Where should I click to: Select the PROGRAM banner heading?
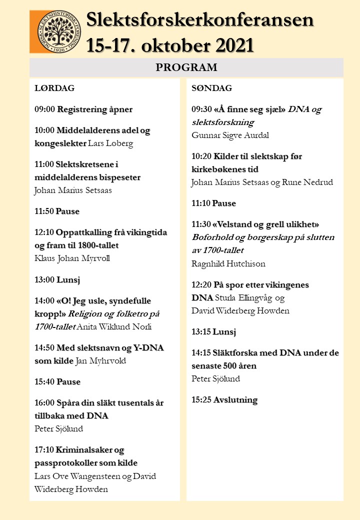(x=186, y=67)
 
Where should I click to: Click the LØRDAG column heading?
(x=54, y=88)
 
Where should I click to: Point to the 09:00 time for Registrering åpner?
(x=44, y=109)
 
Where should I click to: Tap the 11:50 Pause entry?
(x=56, y=211)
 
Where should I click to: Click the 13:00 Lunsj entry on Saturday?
(x=57, y=279)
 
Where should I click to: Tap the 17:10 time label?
(x=44, y=449)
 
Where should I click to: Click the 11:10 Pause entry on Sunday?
(x=213, y=203)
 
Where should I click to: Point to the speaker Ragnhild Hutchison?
(x=228, y=263)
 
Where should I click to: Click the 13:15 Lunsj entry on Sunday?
(x=213, y=331)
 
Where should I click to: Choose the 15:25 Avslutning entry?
(x=224, y=399)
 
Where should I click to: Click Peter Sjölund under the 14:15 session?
(x=215, y=378)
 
